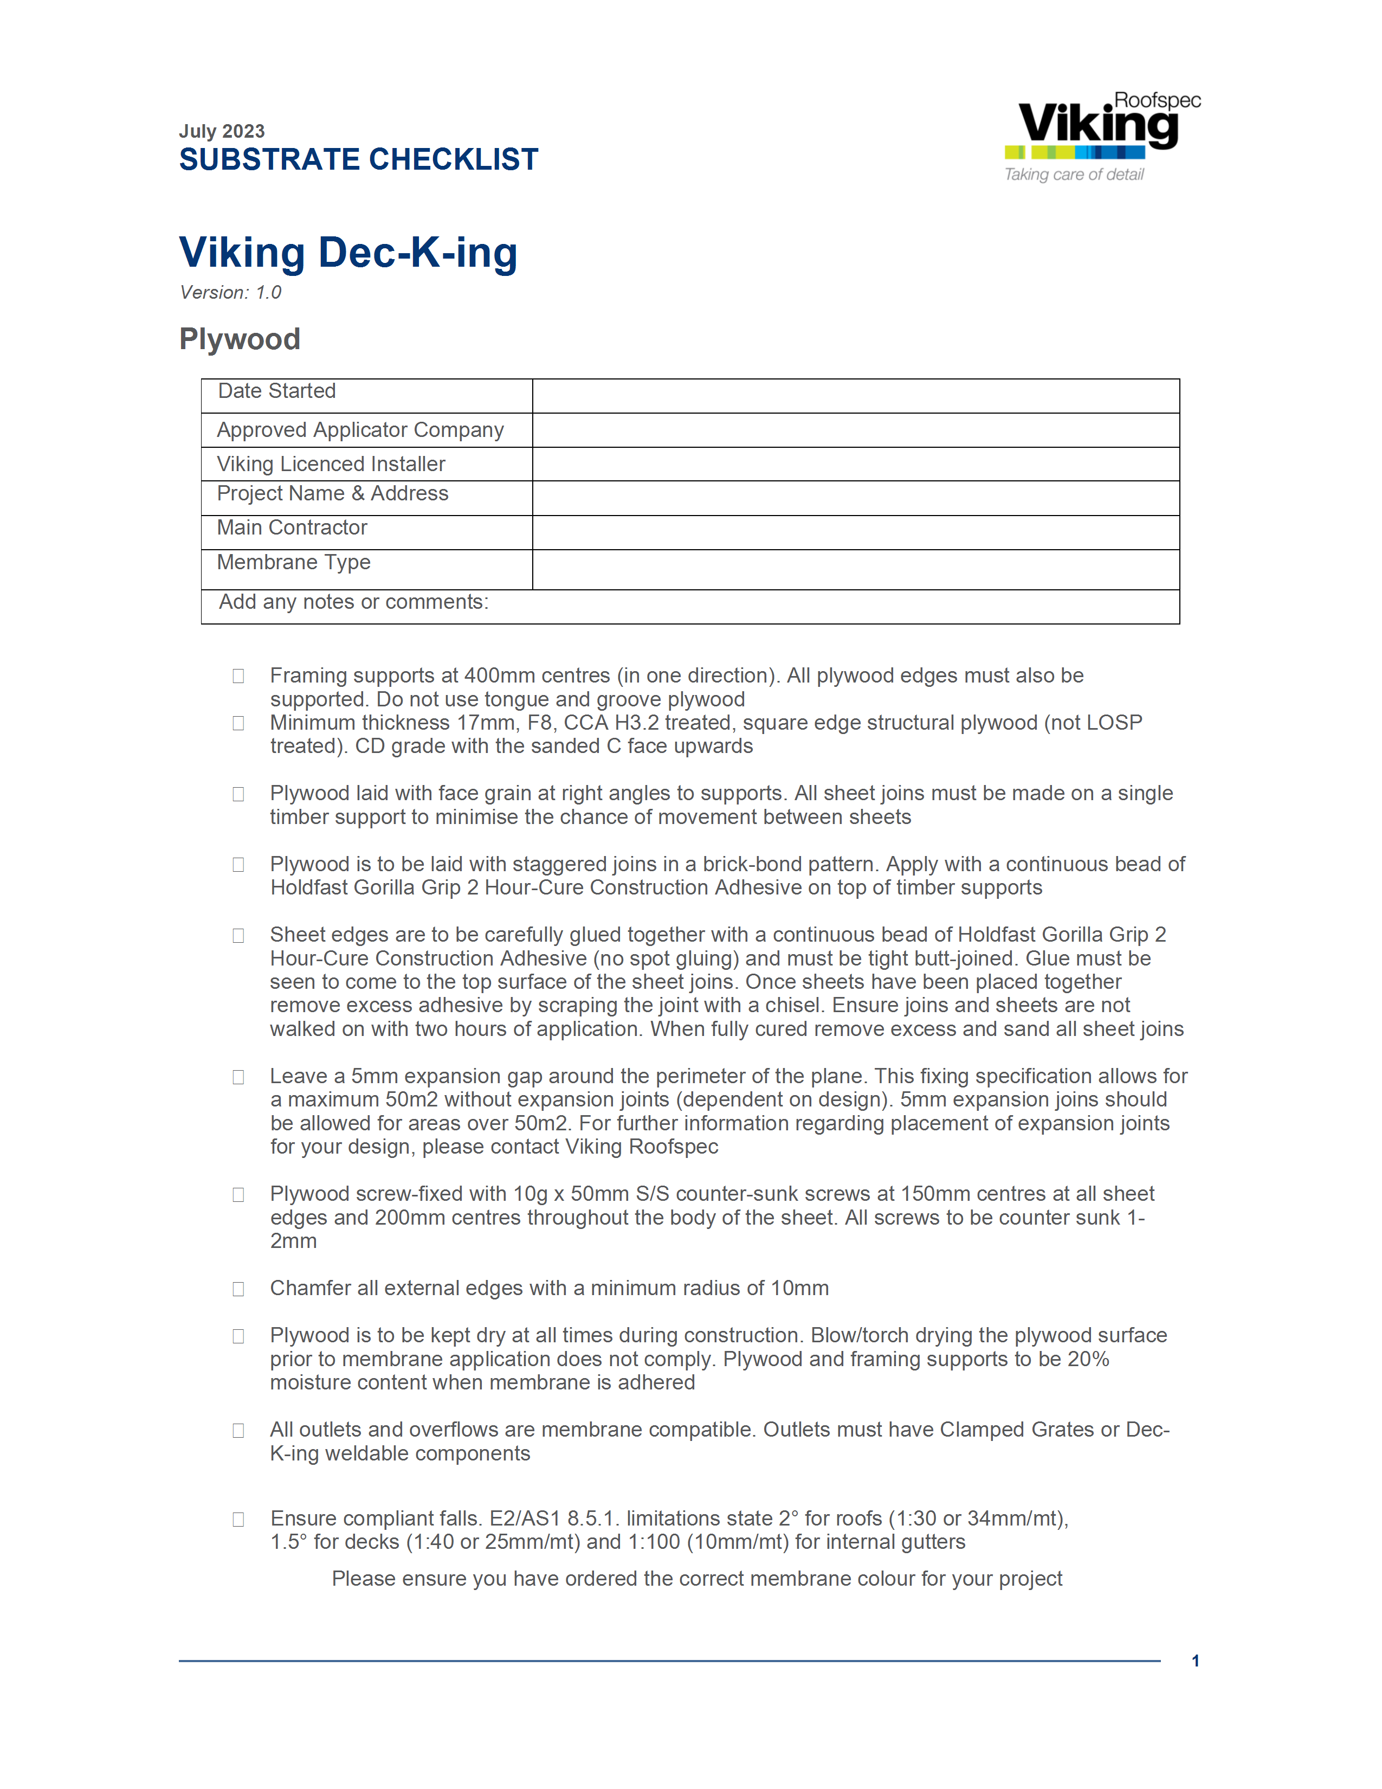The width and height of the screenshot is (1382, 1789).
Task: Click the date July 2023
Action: click(x=222, y=131)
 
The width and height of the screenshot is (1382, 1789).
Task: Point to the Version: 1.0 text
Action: click(x=231, y=292)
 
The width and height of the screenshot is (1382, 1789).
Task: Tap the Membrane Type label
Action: click(x=293, y=562)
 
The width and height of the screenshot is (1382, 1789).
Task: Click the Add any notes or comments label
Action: click(x=354, y=602)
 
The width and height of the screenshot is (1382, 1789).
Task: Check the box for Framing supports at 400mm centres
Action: click(x=238, y=676)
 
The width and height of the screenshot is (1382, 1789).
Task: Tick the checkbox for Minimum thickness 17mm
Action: click(x=238, y=723)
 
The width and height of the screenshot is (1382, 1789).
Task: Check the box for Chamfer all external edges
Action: click(x=238, y=1289)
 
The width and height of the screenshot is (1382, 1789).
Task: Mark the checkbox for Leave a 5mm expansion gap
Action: click(x=238, y=1077)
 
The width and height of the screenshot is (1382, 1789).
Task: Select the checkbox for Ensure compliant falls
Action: click(x=238, y=1520)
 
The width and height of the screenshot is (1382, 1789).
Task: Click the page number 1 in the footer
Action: click(x=1196, y=1661)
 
